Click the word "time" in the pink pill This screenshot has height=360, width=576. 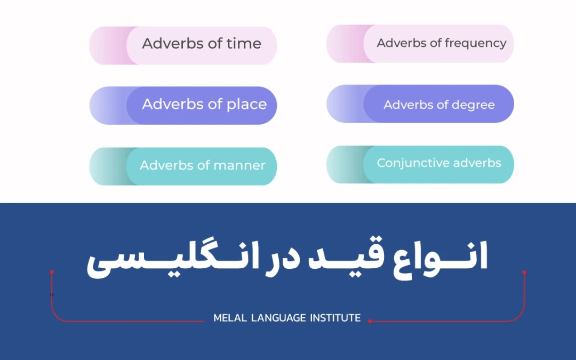244,44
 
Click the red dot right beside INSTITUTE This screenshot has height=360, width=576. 370,321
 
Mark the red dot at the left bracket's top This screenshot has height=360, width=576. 52,272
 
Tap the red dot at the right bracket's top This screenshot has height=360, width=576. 524,272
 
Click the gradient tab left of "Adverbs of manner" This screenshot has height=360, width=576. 108,166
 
